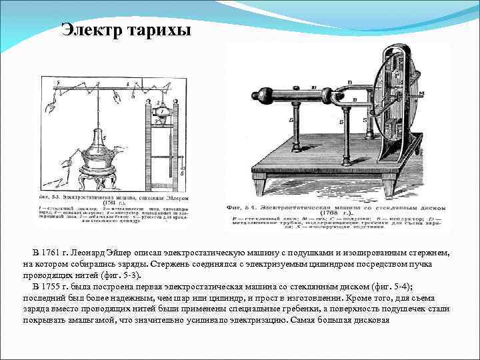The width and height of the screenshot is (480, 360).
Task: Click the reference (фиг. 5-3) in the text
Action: [x=123, y=275]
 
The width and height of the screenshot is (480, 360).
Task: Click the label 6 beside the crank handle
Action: [x=183, y=172]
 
